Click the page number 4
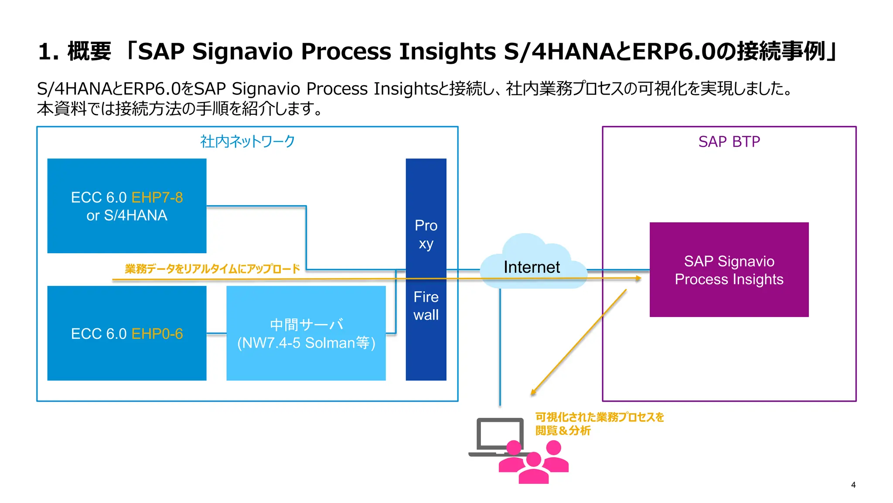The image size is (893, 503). pos(853,485)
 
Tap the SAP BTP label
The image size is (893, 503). pos(729,142)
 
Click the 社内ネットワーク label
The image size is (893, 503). pos(247,141)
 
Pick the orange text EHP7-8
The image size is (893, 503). pos(157,197)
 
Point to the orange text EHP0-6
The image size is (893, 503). pos(157,334)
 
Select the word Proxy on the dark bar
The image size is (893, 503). pos(426,234)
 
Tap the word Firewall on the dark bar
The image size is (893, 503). pos(426,306)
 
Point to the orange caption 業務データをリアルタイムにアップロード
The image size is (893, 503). pos(212,269)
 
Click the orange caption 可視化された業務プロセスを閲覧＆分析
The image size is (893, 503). pos(599,424)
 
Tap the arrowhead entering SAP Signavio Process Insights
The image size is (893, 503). pos(639,278)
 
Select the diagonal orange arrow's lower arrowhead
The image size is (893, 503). pos(533,392)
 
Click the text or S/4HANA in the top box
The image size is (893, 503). pos(126,215)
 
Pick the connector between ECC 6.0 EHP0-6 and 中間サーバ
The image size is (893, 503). pos(216,334)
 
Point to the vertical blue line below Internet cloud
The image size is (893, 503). pos(500,349)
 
